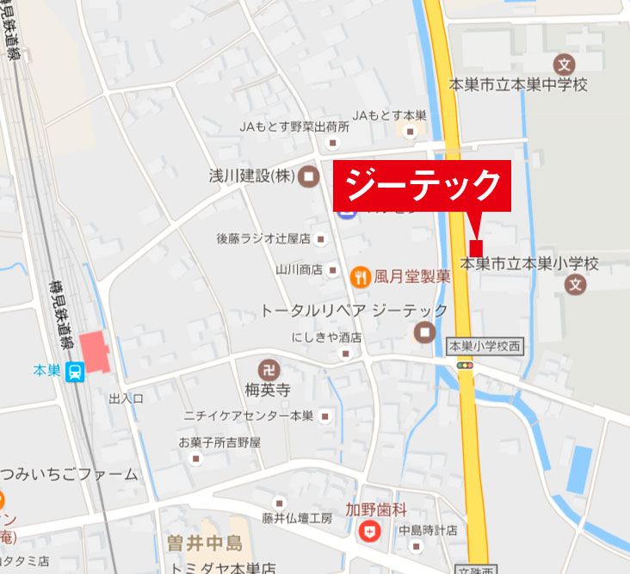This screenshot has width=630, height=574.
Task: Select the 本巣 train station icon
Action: [75, 372]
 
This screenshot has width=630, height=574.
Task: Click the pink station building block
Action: [96, 351]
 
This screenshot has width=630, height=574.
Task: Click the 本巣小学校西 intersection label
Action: [485, 346]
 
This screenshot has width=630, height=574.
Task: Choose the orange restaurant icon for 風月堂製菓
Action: [360, 277]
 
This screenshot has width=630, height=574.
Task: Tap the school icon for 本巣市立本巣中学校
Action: [564, 64]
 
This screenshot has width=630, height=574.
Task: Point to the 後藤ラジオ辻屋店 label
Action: [262, 238]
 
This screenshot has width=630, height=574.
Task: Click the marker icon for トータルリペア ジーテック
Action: [424, 331]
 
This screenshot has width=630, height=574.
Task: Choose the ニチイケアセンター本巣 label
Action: [249, 416]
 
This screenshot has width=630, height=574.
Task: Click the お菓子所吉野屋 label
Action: [219, 441]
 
